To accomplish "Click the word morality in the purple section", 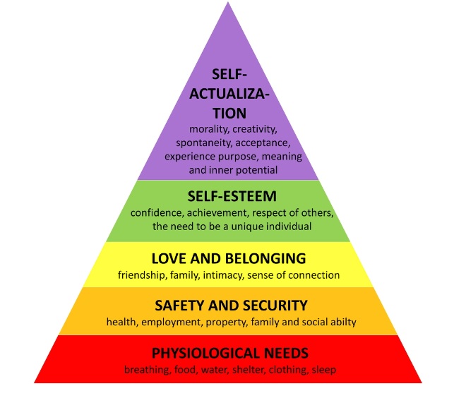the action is (x=208, y=129).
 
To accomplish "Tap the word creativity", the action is (x=255, y=129).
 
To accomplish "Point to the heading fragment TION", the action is (x=229, y=113).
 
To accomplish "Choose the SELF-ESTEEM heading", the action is (x=232, y=196).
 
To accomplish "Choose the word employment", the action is (x=172, y=322).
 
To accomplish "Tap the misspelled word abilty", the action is (x=344, y=322).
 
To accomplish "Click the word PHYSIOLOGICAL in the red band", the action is (x=206, y=353).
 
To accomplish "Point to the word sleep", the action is (x=323, y=370).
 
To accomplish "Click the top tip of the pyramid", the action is (x=228, y=2).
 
